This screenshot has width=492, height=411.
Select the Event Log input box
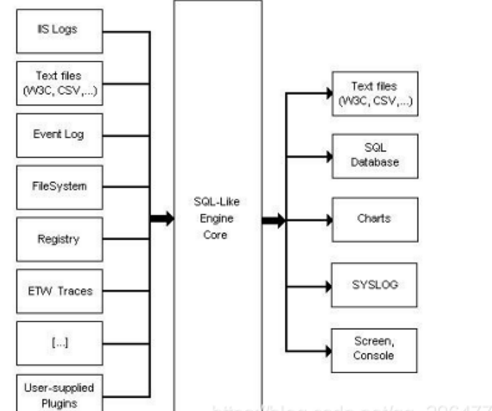click(59, 135)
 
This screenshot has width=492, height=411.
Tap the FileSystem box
click(59, 187)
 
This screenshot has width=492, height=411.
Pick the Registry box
click(59, 239)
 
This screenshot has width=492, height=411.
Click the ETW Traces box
click(59, 291)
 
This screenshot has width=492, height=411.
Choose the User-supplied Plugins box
click(59, 394)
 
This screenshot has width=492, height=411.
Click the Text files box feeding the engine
click(59, 83)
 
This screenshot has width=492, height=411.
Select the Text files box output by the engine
click(374, 94)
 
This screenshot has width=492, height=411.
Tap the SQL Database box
click(374, 155)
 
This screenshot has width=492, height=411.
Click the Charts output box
click(374, 219)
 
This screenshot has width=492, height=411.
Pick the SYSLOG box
click(374, 285)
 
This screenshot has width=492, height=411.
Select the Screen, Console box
click(374, 349)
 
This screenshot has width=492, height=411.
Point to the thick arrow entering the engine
click(162, 219)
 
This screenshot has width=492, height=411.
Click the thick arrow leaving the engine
click(273, 220)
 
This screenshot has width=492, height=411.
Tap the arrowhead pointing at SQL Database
click(329, 156)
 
